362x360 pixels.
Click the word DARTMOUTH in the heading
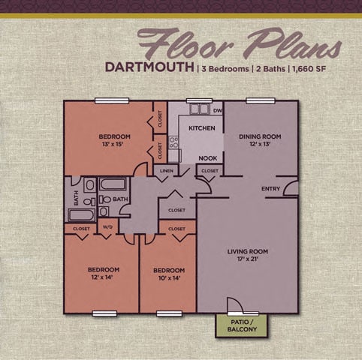pos(149,66)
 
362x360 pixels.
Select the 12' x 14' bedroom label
pos(103,273)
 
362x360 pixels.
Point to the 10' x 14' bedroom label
pos(168,273)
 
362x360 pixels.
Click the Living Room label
pos(248,255)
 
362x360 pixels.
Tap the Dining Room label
pos(259,140)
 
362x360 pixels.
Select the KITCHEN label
pos(201,128)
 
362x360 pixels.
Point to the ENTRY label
pos(271,188)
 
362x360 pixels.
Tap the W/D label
pos(107,228)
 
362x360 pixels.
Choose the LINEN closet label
pos(166,171)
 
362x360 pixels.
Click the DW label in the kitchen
pos(218,111)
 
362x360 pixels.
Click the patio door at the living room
pos(236,304)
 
